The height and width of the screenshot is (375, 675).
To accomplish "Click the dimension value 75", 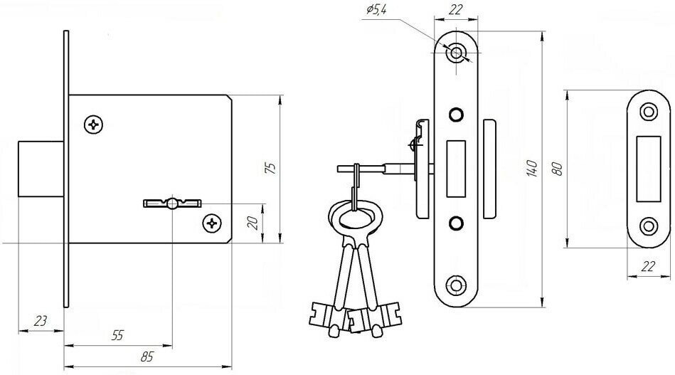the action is click(270, 167).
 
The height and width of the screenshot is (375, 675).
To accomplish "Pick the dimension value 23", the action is click(41, 322).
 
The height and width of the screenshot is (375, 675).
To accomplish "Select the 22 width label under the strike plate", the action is click(648, 266).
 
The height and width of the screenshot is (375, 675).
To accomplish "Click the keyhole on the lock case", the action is click(173, 204).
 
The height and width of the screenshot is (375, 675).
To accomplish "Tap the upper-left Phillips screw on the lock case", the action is click(94, 125).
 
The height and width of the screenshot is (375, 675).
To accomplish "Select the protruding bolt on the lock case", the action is click(41, 167).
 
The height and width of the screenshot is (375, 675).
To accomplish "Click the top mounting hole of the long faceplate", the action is click(455, 53).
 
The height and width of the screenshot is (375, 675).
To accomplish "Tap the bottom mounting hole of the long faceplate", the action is click(454, 287).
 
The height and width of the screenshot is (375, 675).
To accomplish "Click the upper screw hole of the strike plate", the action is click(648, 112).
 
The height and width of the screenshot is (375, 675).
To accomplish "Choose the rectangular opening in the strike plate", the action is click(648, 169).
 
